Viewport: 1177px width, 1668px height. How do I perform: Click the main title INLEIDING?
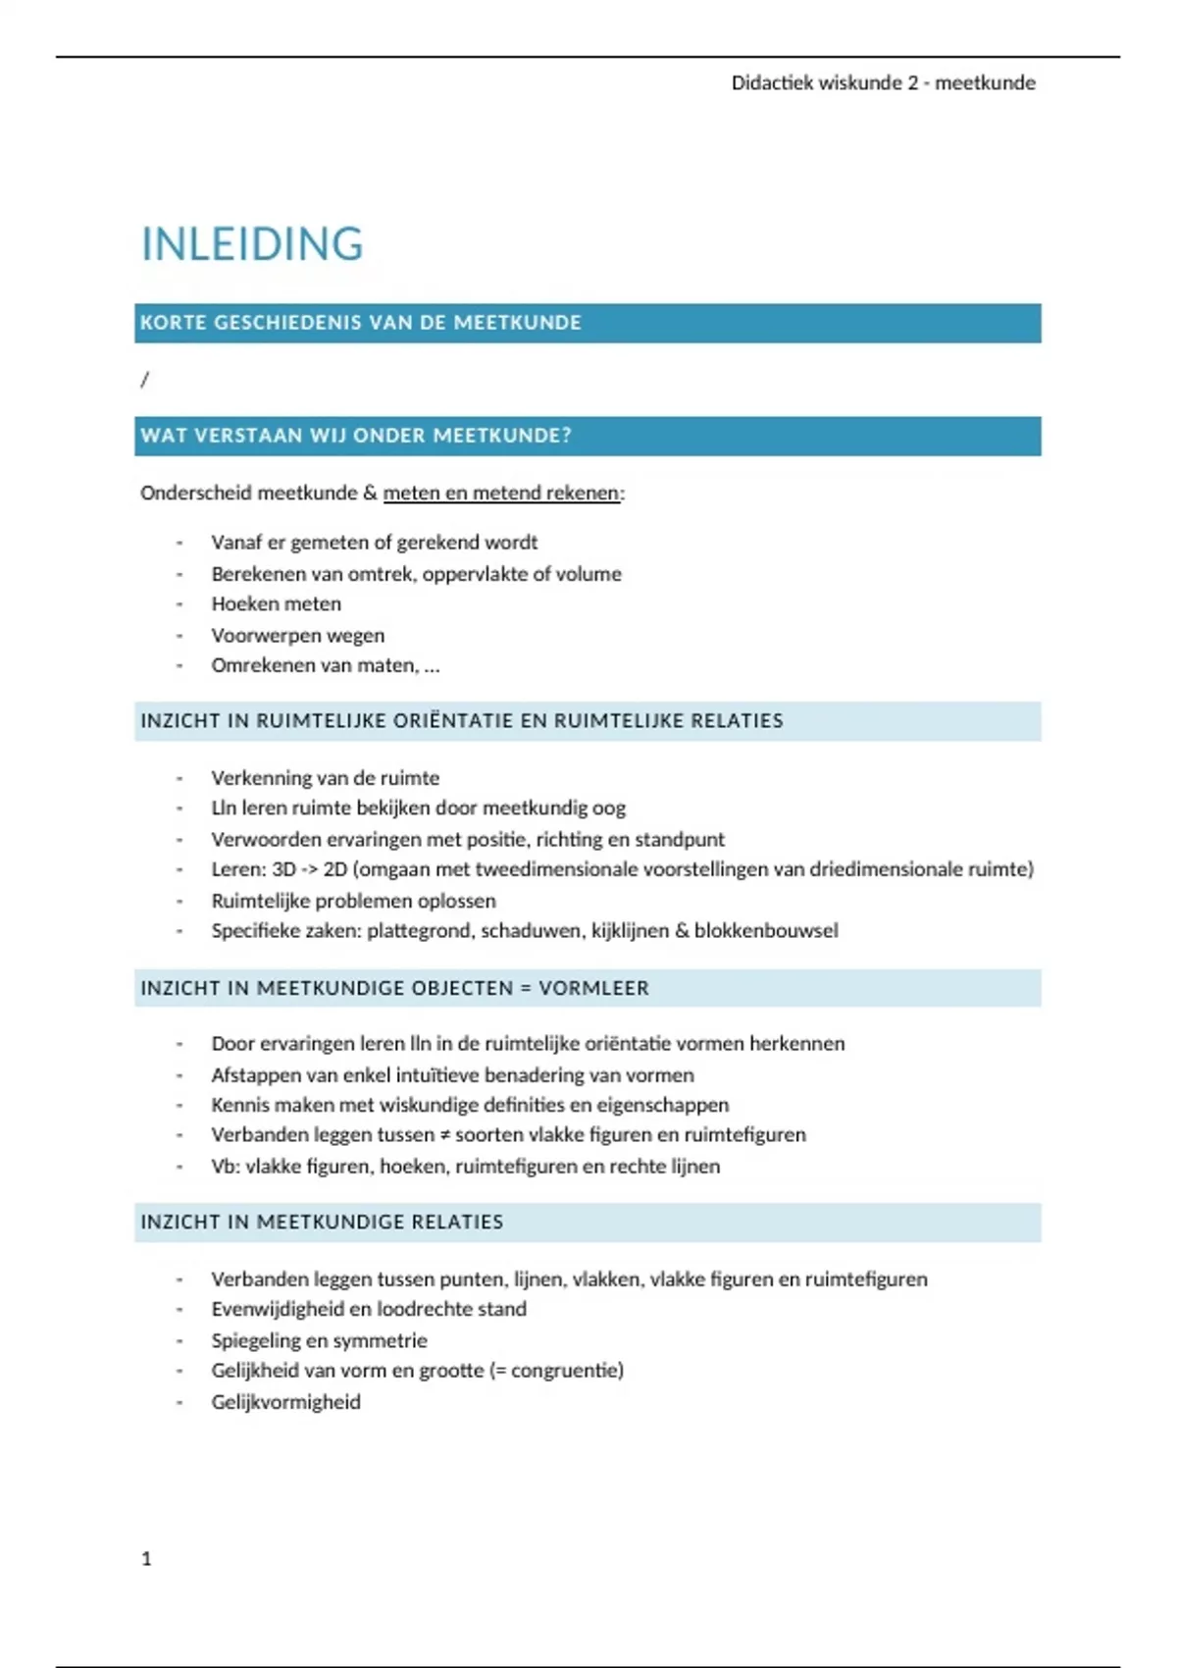pos(252,244)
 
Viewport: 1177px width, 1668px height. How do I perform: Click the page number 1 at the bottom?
pos(146,1558)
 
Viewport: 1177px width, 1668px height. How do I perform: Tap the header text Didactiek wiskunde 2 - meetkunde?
pos(883,83)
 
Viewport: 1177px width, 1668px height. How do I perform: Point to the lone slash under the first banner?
pos(145,380)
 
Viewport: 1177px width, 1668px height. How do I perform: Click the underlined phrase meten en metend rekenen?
pos(501,494)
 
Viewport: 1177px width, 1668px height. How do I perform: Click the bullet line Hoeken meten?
pos(276,604)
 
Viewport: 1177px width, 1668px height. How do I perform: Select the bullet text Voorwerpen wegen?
pos(297,636)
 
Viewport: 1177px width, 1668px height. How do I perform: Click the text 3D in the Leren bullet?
pos(283,869)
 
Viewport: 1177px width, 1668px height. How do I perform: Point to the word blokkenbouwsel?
pos(766,930)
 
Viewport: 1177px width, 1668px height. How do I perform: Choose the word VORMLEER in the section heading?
pos(593,988)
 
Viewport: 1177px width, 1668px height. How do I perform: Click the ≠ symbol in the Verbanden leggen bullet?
pos(445,1135)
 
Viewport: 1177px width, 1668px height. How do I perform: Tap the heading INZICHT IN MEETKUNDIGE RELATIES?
pos(322,1223)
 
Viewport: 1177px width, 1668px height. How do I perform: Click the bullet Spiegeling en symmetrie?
pos(319,1340)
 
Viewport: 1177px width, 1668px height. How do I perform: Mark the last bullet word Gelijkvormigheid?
pos(285,1402)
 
